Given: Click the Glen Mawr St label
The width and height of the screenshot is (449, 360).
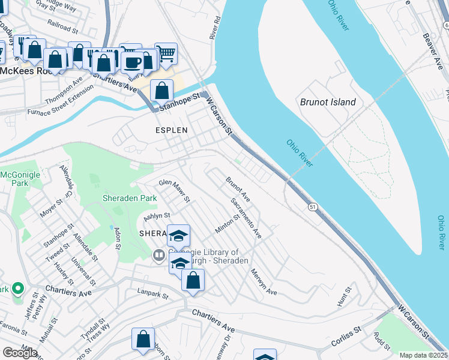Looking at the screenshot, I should pos(174,190).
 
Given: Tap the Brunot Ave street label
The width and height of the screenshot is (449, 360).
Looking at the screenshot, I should pos(238,188).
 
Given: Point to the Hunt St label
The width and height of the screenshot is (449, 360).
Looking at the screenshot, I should pos(343,297).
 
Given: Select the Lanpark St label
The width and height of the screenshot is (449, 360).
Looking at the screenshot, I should pos(150,292).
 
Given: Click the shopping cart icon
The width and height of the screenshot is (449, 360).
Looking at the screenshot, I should pos(166,53).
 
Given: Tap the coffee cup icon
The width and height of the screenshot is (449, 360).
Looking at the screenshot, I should pos(132,62).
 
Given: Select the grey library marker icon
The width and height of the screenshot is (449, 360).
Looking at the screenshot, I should pos(159,256).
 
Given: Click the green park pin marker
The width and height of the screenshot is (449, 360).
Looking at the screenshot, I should pos(17,289).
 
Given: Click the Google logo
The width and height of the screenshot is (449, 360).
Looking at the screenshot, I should pos(20,353).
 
